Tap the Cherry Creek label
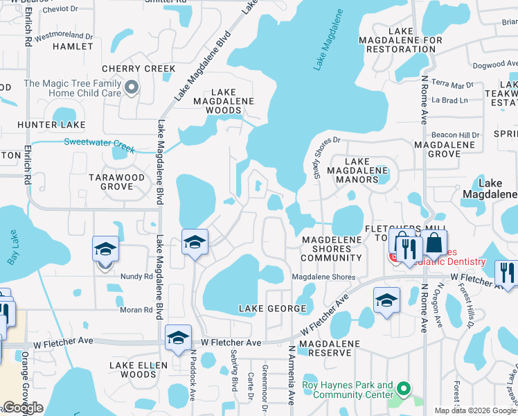pos(139,69)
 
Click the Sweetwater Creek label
pos(99,144)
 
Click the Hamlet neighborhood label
pos(73,46)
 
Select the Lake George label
pos(272,308)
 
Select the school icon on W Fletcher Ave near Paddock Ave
pos(179,337)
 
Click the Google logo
pos(23,408)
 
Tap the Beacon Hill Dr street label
pos(455,135)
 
